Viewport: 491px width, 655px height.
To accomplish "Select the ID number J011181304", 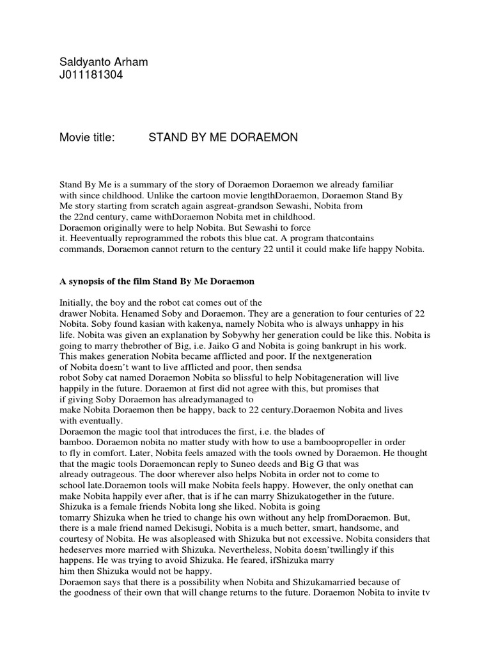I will (x=91, y=76).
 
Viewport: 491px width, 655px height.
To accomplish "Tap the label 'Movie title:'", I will (x=86, y=138).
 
